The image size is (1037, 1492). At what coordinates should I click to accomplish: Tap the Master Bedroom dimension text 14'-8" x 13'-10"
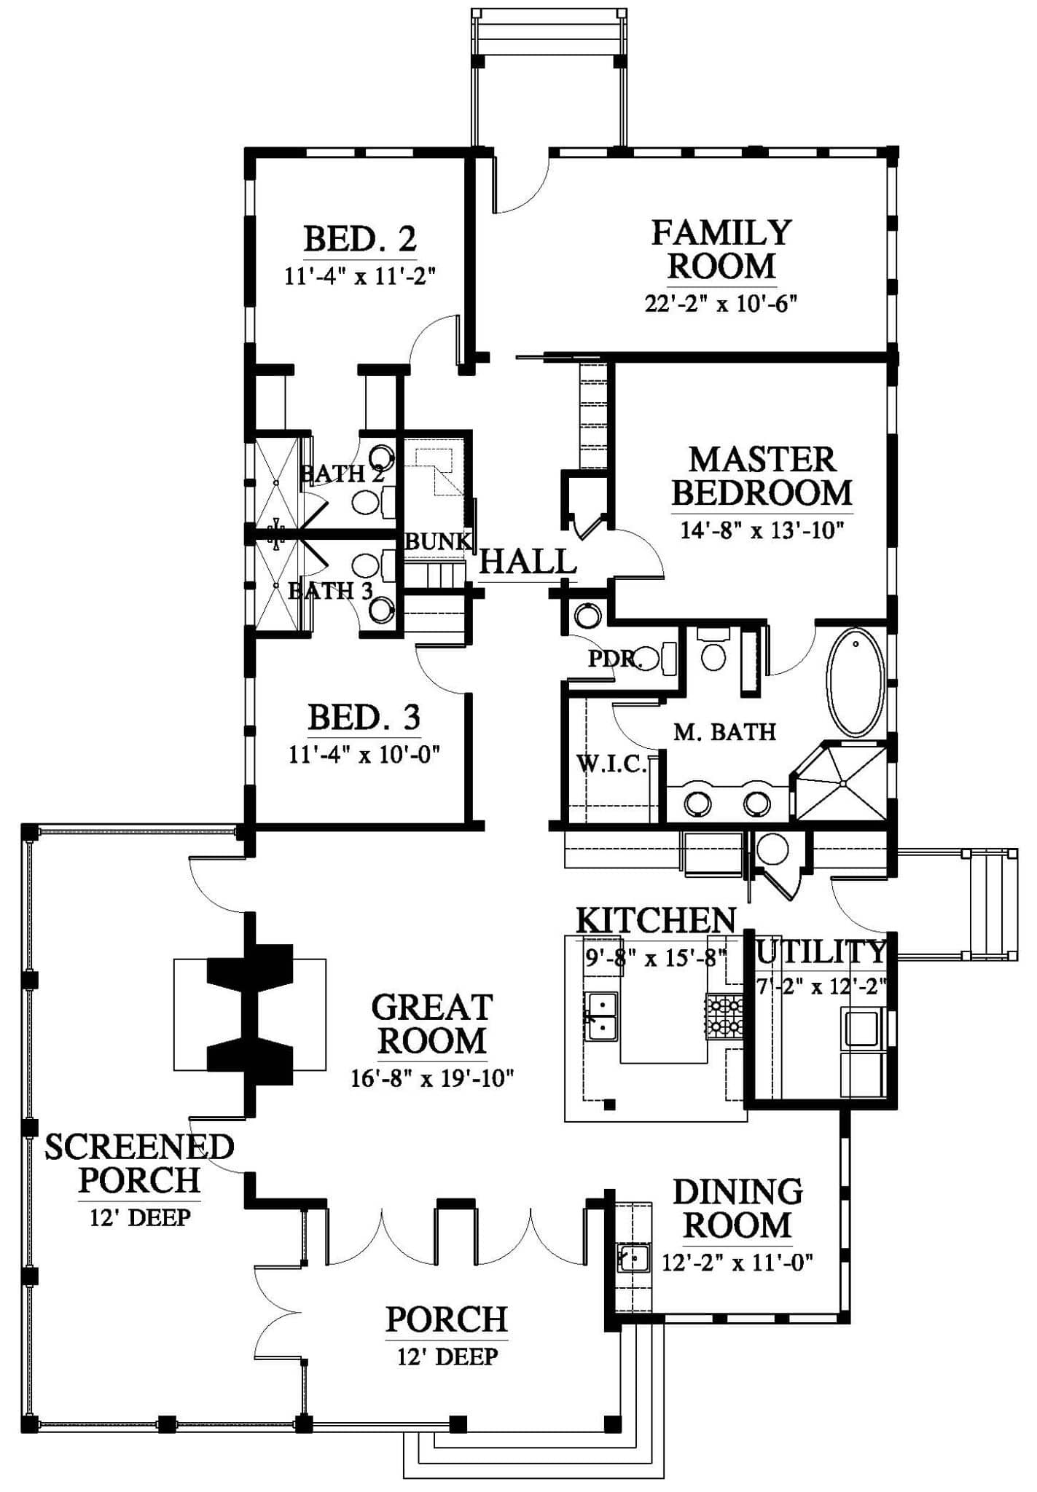762,530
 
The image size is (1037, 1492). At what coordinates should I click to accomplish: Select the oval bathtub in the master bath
856,683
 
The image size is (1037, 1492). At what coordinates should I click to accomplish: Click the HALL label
528,562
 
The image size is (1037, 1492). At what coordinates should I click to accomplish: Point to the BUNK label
437,541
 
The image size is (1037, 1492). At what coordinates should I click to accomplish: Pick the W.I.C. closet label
611,764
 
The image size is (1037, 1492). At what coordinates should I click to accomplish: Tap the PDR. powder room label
615,659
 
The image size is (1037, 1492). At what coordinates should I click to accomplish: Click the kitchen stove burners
724,1016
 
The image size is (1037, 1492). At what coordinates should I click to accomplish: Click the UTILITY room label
822,951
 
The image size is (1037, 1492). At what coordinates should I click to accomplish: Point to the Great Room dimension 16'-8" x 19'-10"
433,1077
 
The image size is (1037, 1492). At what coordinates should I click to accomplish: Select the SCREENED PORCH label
139,1163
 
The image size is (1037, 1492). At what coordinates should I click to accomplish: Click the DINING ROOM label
737,1209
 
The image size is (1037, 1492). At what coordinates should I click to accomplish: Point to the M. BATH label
724,731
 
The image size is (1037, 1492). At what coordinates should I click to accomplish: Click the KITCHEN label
656,920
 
